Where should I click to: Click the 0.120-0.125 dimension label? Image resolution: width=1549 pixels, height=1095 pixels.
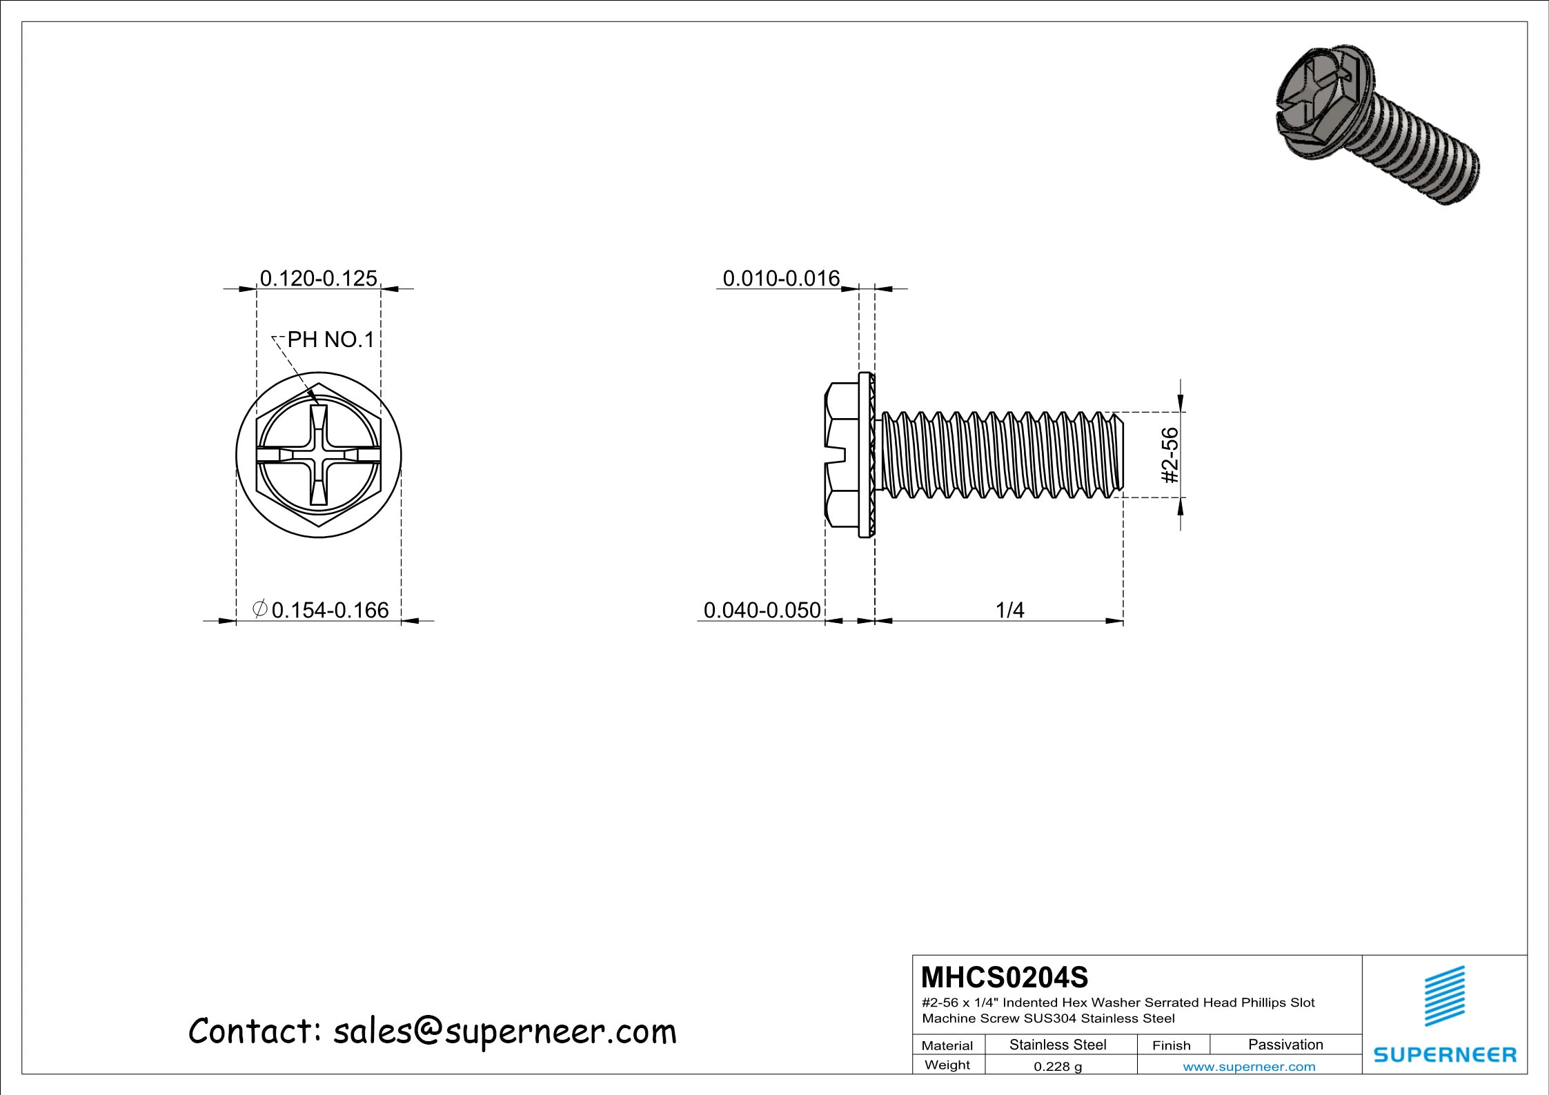[x=318, y=278]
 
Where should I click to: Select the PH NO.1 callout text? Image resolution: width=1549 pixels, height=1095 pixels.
[x=330, y=339]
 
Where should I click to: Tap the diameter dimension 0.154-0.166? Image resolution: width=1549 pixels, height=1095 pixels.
[x=330, y=610]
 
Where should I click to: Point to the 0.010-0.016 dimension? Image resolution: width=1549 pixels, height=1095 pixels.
[x=780, y=278]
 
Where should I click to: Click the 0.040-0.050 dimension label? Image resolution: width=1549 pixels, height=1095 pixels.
[x=762, y=610]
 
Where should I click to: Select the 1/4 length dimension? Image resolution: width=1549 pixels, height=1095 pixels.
[x=1009, y=610]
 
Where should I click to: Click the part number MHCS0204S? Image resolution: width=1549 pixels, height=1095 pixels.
[x=1005, y=978]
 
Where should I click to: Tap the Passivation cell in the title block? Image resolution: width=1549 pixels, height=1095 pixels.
[x=1285, y=1045]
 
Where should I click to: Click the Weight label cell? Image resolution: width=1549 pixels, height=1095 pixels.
[x=947, y=1065]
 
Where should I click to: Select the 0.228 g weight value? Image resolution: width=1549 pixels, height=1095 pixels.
[x=1058, y=1067]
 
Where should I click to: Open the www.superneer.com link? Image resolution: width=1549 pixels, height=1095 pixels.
[x=1249, y=1067]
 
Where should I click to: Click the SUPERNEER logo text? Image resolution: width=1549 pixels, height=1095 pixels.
[x=1445, y=1055]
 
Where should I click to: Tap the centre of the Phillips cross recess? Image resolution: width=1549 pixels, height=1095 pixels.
[x=318, y=455]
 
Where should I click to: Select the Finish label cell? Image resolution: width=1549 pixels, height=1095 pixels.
[x=1171, y=1045]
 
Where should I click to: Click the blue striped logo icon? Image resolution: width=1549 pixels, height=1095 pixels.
[x=1445, y=996]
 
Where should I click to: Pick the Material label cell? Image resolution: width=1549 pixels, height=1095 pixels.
[x=947, y=1045]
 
